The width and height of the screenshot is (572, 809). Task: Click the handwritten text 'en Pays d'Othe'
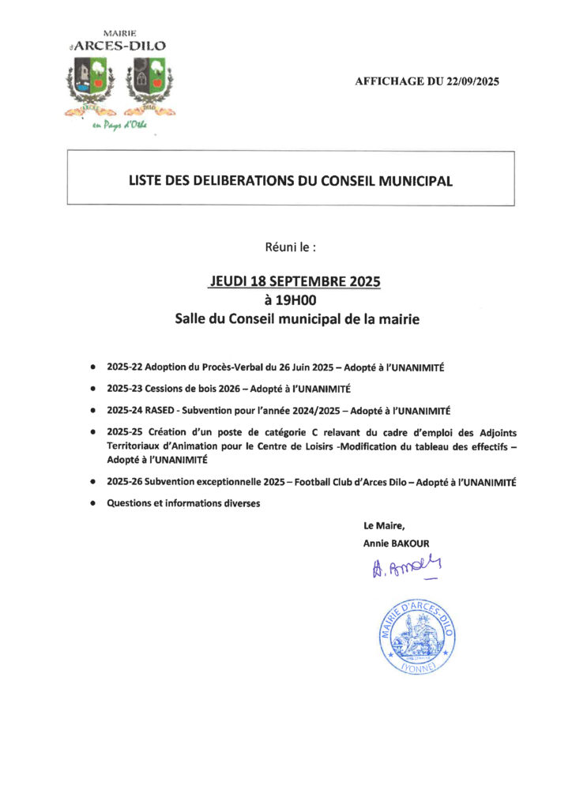[119, 125]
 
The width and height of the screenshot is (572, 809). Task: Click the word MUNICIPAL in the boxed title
[416, 181]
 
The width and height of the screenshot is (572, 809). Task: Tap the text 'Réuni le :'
[291, 246]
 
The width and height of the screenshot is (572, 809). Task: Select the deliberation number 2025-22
[124, 367]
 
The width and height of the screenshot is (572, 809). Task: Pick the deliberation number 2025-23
[124, 389]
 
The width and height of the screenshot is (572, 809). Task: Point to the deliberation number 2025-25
[124, 432]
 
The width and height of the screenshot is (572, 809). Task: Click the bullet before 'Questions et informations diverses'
[93, 503]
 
